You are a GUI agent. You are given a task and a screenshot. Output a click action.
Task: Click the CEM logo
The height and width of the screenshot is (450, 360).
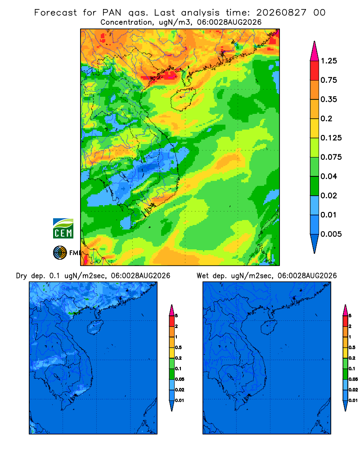point(63,228)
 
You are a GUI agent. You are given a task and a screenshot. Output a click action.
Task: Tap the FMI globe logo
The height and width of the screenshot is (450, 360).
point(60,253)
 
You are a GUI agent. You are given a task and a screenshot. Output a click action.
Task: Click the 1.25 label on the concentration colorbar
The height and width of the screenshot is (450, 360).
point(328,61)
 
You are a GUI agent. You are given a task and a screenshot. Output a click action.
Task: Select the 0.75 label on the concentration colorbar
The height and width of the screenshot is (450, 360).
point(328,80)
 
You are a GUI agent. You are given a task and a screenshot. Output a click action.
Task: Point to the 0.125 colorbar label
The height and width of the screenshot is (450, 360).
point(331,138)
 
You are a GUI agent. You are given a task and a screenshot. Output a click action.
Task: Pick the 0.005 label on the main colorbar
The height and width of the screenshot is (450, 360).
point(331,234)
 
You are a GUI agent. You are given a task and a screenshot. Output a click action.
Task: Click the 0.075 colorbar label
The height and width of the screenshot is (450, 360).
point(331,157)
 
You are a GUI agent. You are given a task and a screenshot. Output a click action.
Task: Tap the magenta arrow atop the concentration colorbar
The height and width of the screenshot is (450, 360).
point(315,51)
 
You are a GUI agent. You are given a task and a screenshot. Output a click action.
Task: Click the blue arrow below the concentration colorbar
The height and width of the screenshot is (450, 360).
point(315,244)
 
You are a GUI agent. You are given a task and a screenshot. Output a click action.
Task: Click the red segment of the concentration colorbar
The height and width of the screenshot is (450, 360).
point(315,71)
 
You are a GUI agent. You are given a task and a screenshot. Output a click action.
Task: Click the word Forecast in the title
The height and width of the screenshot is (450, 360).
point(55,13)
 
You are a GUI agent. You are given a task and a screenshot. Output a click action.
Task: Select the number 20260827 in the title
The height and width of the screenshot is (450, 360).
point(281,13)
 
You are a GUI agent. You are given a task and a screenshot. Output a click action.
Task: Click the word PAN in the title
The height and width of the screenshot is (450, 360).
point(112,13)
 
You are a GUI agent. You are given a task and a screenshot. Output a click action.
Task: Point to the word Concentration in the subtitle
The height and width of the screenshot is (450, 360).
point(126,22)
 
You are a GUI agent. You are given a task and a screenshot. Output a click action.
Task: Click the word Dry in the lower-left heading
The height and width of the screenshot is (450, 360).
point(22,276)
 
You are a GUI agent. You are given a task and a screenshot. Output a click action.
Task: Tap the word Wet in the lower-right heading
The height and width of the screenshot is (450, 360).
point(202,276)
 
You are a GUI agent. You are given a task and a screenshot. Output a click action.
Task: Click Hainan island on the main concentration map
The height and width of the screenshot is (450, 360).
point(183,99)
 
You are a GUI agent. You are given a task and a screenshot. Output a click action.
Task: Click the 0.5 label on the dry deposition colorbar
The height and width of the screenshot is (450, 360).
point(178,347)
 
